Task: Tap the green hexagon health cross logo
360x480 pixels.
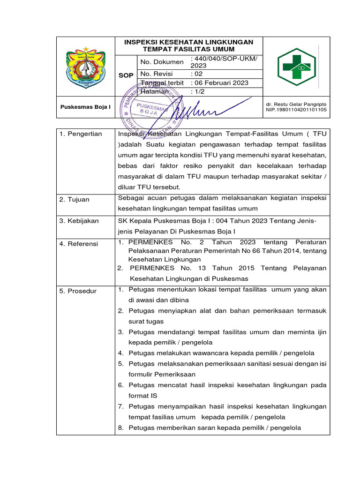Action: pos(296,67)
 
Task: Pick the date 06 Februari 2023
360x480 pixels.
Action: pos(220,83)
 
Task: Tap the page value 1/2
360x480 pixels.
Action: pos(199,92)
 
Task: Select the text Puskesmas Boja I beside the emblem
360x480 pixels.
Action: pos(86,107)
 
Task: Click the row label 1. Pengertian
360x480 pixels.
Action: pos(81,134)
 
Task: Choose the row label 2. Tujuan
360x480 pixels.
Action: pos(75,200)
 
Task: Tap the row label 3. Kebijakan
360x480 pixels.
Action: pos(79,221)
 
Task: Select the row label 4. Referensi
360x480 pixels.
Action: pos(79,244)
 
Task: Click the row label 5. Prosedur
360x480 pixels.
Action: pos(78,291)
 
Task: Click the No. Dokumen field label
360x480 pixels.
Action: pos(162,62)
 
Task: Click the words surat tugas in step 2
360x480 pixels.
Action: pos(146,322)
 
